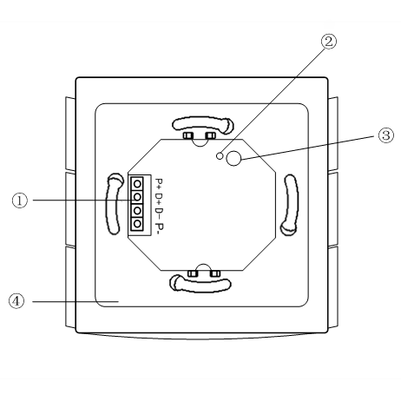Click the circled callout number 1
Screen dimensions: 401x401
[x=20, y=200]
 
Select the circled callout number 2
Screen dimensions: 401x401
[x=329, y=42]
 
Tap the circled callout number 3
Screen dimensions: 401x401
[x=386, y=135]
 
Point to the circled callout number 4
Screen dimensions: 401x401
[x=16, y=301]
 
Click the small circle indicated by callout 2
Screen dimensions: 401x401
[x=220, y=155]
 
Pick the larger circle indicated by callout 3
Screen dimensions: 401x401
[x=233, y=158]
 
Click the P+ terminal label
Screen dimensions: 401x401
[x=160, y=183]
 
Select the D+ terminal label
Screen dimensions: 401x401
[x=160, y=198]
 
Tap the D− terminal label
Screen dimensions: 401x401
[x=160, y=214]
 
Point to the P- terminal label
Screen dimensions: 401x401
[x=160, y=227]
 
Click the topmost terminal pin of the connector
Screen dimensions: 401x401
[x=137, y=183]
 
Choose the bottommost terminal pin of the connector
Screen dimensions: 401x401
[x=137, y=224]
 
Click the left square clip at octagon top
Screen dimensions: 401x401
[x=187, y=135]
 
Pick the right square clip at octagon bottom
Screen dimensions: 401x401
[x=215, y=273]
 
